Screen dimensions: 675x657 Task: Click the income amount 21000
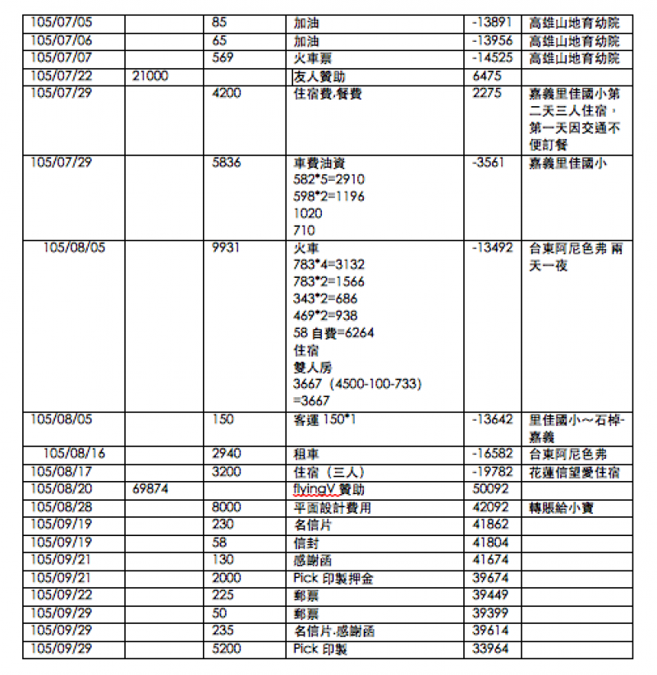pyautogui.click(x=149, y=76)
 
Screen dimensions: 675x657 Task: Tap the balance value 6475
pyautogui.click(x=487, y=76)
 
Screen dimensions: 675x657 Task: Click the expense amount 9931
pyautogui.click(x=226, y=247)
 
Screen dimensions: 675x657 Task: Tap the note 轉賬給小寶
pyautogui.click(x=563, y=507)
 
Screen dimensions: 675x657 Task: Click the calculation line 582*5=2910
pyautogui.click(x=328, y=179)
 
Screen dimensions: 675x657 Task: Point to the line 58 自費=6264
pyautogui.click(x=333, y=333)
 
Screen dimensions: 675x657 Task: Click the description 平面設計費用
pyautogui.click(x=333, y=507)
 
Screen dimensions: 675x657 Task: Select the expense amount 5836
pyautogui.click(x=226, y=162)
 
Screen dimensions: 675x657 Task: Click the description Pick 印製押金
pyautogui.click(x=333, y=578)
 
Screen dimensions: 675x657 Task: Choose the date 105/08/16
pyautogui.click(x=74, y=454)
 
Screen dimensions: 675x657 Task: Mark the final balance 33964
pyautogui.click(x=491, y=649)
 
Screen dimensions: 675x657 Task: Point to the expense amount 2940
pyautogui.click(x=226, y=454)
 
